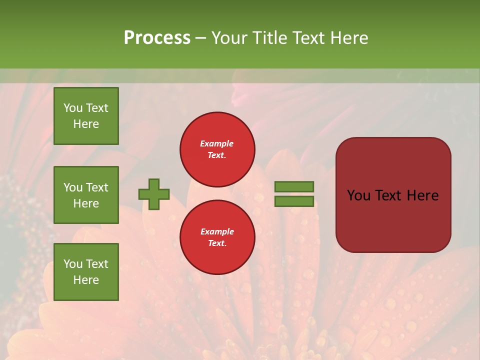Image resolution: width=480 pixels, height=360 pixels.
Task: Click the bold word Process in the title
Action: (x=157, y=38)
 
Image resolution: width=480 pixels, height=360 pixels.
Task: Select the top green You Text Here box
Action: (x=86, y=116)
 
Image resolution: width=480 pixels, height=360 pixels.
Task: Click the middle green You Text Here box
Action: (x=86, y=195)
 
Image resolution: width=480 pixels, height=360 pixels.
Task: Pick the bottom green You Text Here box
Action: (x=86, y=272)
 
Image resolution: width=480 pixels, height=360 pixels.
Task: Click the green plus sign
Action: (x=154, y=194)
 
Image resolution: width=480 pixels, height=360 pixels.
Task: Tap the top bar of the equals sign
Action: (x=294, y=186)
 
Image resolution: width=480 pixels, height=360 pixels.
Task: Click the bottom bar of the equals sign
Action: (x=294, y=201)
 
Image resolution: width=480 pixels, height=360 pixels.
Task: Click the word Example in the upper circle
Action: (x=217, y=143)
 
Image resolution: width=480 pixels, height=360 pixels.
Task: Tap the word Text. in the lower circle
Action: (x=217, y=243)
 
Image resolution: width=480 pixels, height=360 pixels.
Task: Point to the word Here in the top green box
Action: (x=86, y=124)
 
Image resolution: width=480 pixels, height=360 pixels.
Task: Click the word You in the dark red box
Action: (x=358, y=195)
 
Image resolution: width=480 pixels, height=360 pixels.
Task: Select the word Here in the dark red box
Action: (x=422, y=195)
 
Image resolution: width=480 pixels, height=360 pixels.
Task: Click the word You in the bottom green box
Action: (x=73, y=264)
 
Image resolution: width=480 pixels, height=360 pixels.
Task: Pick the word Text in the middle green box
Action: (x=97, y=187)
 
